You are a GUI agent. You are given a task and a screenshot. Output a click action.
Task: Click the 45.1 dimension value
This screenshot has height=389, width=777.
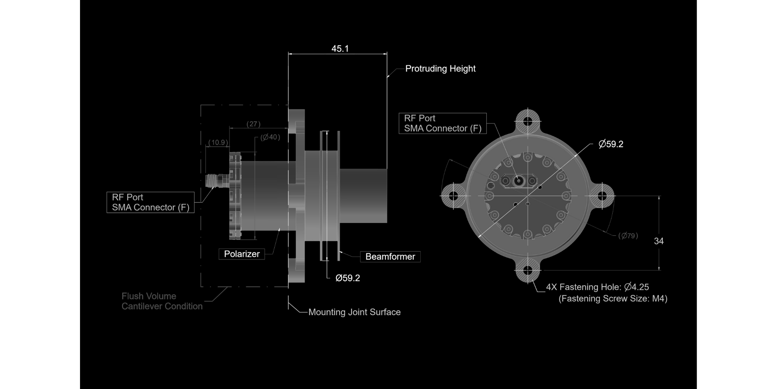click(340, 49)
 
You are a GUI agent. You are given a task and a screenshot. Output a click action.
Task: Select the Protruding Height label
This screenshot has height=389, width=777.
click(440, 68)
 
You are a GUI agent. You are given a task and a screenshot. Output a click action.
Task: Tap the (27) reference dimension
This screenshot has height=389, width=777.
click(253, 124)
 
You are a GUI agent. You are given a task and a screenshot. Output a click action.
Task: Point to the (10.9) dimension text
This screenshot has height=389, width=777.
click(218, 142)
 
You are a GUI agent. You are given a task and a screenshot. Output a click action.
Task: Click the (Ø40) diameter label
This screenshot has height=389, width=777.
click(270, 137)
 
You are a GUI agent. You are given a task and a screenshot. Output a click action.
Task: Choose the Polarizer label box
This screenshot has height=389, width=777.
click(242, 254)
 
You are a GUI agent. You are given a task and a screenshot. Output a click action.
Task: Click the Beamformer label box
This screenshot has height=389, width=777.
click(390, 257)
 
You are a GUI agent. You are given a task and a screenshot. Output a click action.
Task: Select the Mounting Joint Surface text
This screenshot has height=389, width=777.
click(354, 312)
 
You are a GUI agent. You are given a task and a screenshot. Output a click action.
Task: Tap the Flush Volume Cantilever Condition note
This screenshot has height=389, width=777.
click(162, 301)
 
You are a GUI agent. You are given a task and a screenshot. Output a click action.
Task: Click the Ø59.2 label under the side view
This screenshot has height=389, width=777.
click(348, 278)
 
